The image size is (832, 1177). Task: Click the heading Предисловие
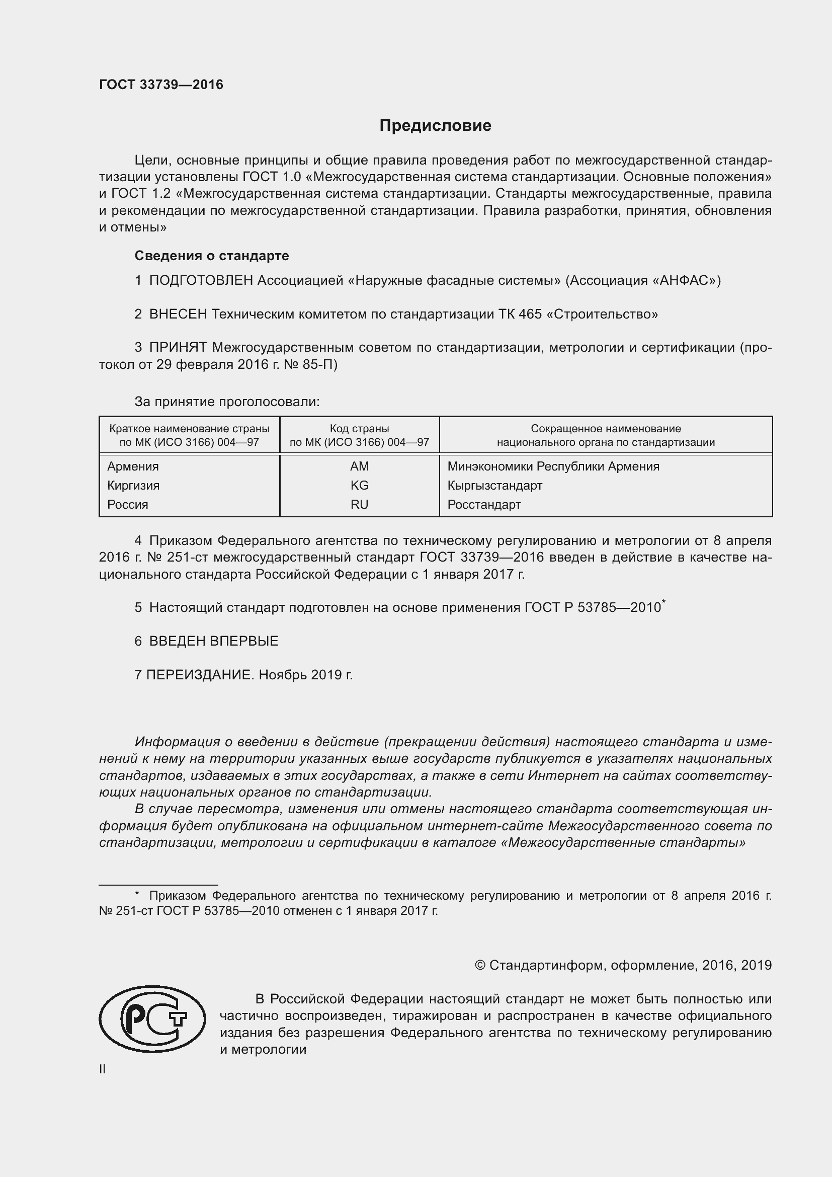tap(435, 126)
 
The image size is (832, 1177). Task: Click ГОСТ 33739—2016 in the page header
tap(161, 85)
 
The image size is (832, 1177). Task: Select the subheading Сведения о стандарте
tap(212, 255)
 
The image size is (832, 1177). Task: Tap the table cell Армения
tap(133, 466)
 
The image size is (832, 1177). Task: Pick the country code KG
tap(359, 485)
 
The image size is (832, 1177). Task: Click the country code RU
tap(359, 504)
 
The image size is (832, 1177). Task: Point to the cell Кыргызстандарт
tap(494, 485)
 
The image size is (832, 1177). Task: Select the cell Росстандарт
tap(483, 504)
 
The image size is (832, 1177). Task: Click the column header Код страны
tap(359, 429)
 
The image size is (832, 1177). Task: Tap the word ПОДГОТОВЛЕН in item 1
tap(201, 280)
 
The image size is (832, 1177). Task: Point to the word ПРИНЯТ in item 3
tap(178, 348)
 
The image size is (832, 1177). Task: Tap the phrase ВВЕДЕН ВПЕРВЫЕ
tap(214, 641)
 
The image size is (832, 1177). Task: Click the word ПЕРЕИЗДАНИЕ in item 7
tap(200, 675)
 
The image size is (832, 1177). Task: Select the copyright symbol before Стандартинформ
tap(479, 965)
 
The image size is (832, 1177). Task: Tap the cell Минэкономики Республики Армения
tap(553, 466)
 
